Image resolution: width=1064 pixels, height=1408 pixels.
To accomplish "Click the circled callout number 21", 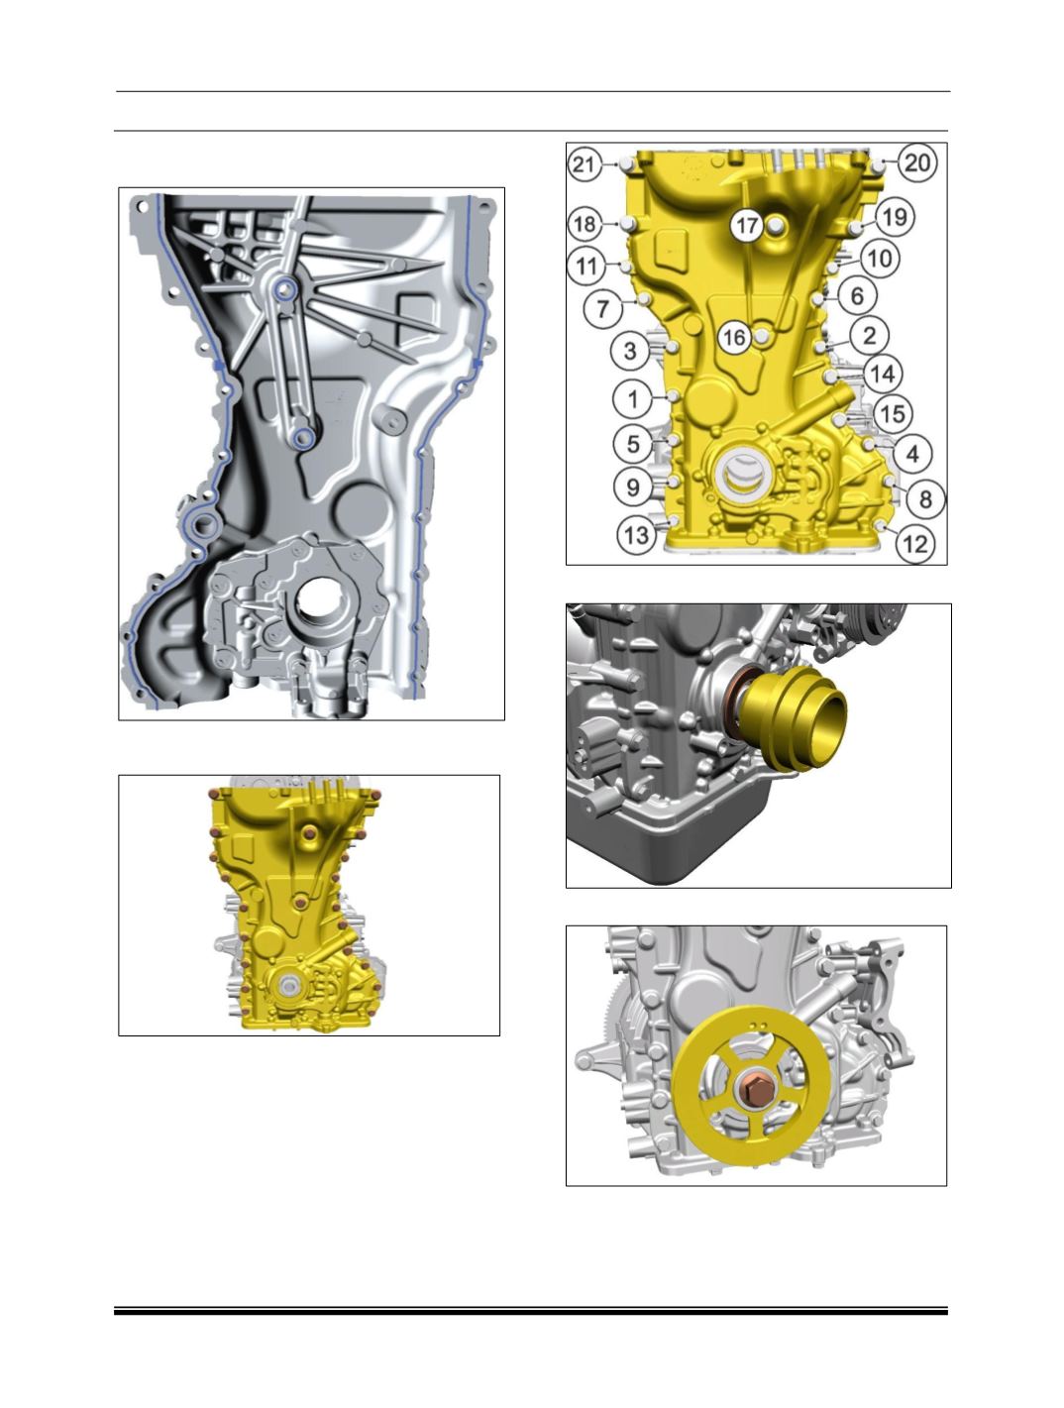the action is point(584,164).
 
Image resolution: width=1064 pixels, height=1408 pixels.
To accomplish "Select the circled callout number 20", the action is point(916,162).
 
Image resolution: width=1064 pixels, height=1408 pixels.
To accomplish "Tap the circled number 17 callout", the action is point(747,225).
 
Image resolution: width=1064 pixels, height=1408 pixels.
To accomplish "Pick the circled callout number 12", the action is point(915,544).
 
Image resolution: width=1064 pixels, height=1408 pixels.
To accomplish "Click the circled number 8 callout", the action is point(925,498).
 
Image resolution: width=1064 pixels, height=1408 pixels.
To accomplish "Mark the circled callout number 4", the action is point(912,454).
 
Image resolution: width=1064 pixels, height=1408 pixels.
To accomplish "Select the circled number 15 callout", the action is point(893,414).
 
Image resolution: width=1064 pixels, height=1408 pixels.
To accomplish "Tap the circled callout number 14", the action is point(883,374).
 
